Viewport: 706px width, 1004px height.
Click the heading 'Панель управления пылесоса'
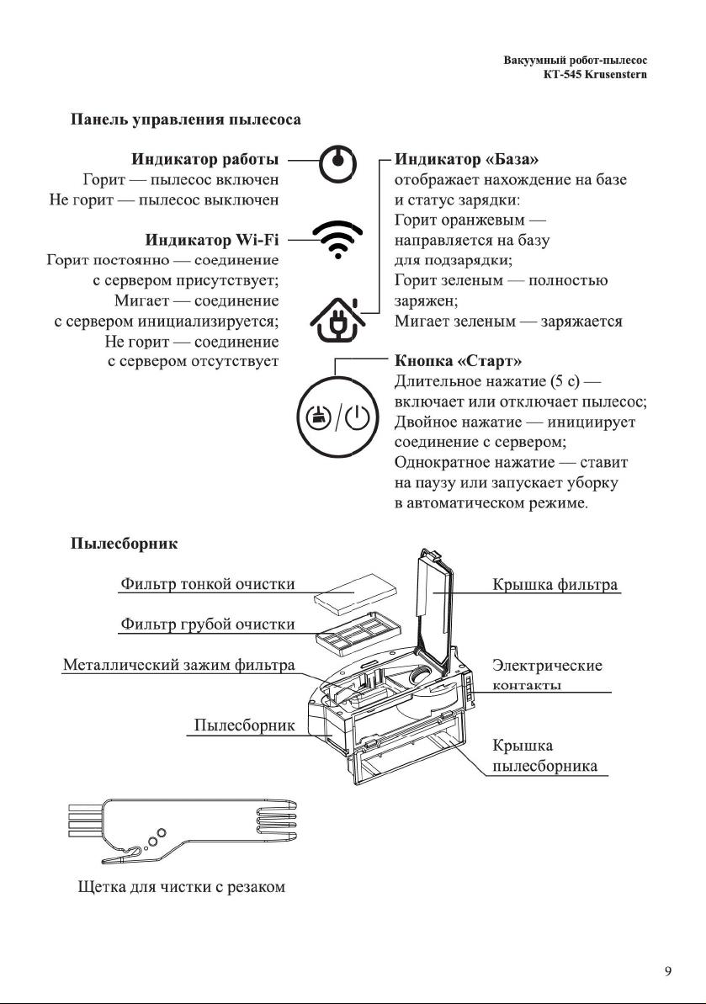click(x=185, y=120)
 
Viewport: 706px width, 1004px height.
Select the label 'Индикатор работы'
click(x=205, y=159)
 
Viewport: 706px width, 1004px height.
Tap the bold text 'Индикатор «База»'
click(x=467, y=159)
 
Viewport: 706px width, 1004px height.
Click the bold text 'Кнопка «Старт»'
click(x=459, y=362)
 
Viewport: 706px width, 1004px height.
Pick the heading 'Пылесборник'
click(x=124, y=544)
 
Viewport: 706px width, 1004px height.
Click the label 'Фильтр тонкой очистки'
click(x=208, y=583)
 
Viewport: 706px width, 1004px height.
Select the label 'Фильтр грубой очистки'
click(x=208, y=624)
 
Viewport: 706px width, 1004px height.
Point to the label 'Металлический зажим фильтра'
click(x=179, y=665)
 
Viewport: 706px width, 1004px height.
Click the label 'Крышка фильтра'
click(x=555, y=583)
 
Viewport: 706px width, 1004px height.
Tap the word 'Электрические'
click(x=547, y=665)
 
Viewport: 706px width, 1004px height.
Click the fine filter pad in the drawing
click(x=347, y=599)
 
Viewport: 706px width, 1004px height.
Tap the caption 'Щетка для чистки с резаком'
click(x=177, y=887)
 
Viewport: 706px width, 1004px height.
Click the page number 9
click(x=668, y=971)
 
